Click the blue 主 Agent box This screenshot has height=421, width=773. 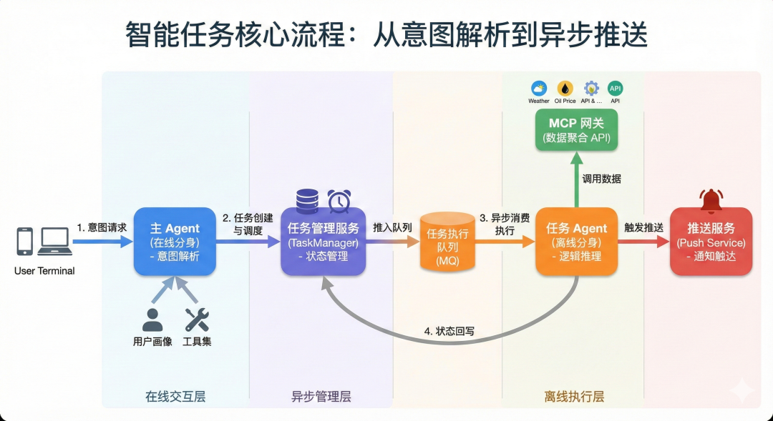coord(175,241)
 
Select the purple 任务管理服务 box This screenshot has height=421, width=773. coord(323,242)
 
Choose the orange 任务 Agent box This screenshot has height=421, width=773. coord(576,241)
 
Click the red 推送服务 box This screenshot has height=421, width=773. coord(711,241)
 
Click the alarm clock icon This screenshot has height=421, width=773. coord(339,201)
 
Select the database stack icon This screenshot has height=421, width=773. coord(307,201)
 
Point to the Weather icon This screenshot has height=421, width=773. coord(539,89)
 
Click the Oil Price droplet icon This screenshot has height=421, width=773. coord(565,89)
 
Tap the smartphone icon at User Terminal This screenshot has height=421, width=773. coord(25,242)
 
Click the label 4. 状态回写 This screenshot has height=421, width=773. coord(449,331)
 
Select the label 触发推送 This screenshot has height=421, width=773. coord(643,227)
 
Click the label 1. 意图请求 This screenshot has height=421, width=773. coord(102,227)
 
